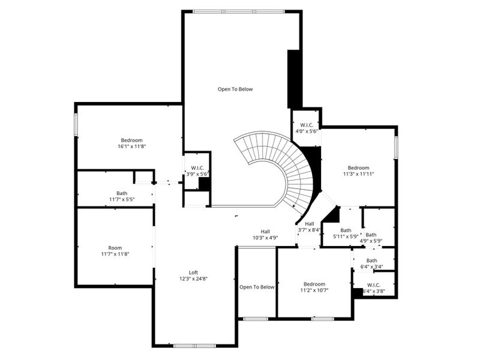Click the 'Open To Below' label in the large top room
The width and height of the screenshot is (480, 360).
point(235,89)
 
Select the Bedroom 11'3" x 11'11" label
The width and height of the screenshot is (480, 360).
point(358,170)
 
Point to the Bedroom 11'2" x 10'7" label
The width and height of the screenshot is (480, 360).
point(314,287)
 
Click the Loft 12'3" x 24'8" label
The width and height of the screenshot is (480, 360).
point(194,275)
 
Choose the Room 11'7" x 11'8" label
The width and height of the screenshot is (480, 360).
point(115,251)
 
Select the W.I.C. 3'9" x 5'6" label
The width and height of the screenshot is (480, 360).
point(197,171)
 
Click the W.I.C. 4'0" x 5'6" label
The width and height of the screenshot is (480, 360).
point(306,128)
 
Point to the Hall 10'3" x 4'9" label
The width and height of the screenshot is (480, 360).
point(265,235)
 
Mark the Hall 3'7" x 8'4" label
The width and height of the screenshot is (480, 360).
point(309,226)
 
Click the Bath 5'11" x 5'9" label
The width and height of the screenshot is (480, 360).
point(346,233)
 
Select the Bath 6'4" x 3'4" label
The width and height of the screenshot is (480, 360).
point(372,263)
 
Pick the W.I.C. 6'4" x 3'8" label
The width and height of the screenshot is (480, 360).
point(373,289)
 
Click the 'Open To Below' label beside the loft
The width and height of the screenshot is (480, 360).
point(257,287)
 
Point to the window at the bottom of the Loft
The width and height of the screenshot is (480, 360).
point(193,346)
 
